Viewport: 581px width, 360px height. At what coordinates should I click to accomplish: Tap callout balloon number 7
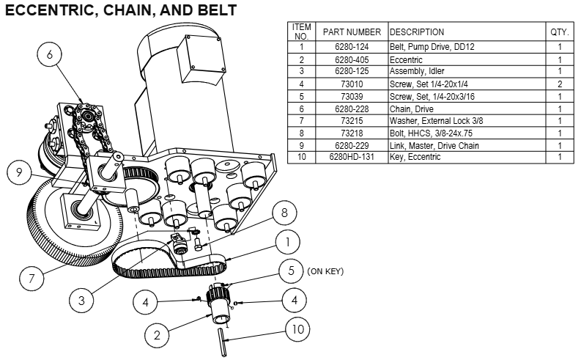tap(32, 279)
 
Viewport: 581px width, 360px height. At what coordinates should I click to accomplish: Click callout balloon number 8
tap(284, 213)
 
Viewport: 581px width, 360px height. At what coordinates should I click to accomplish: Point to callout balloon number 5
tap(291, 271)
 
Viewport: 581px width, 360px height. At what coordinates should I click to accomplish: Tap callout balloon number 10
tap(297, 329)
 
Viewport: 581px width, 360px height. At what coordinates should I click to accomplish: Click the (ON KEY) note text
tap(325, 271)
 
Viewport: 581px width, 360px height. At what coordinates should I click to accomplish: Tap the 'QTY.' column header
tap(559, 32)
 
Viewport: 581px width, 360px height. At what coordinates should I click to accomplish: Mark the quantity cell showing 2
tap(559, 84)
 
